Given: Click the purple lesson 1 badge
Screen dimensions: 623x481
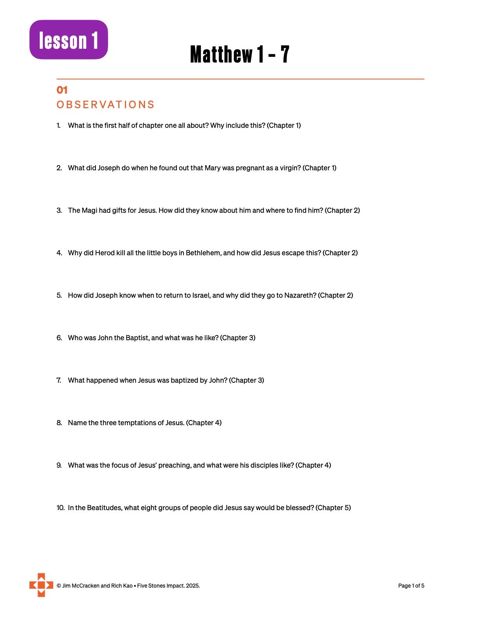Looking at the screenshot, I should pyautogui.click(x=69, y=40).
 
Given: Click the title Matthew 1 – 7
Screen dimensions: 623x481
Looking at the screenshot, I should pyautogui.click(x=240, y=54).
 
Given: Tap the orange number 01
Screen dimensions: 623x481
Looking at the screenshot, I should pyautogui.click(x=62, y=90).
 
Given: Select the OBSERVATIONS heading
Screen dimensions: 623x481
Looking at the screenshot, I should pyautogui.click(x=105, y=105).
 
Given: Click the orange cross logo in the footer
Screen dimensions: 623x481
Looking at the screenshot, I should pyautogui.click(x=41, y=585).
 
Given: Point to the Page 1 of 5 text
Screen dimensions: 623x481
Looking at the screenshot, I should pyautogui.click(x=411, y=586).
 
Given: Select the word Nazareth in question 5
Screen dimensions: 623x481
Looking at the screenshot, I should pyautogui.click(x=300, y=295).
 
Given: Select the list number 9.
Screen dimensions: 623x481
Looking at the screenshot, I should pyautogui.click(x=59, y=465).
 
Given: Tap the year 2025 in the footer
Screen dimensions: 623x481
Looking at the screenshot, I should pyautogui.click(x=193, y=586).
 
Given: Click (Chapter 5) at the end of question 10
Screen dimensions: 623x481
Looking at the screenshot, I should pyautogui.click(x=333, y=508).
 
